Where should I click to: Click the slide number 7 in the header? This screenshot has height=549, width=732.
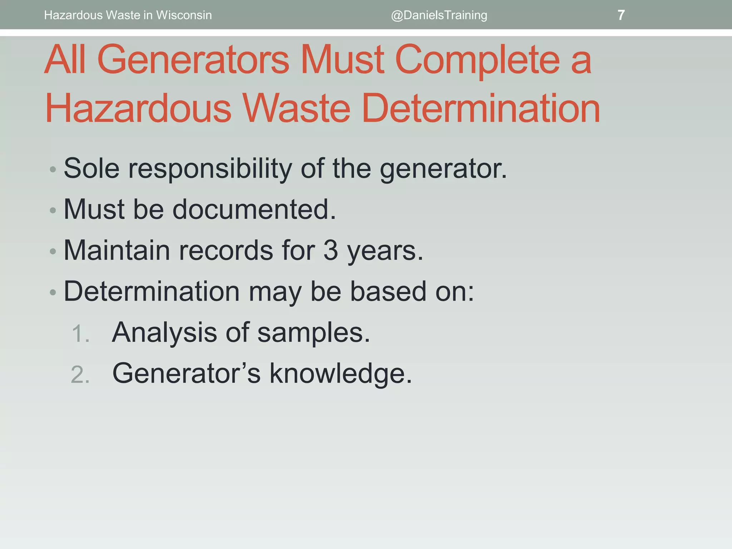(x=621, y=15)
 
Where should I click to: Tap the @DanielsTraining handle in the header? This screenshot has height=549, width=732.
(x=439, y=15)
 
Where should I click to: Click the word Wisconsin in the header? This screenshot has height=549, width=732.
(x=184, y=15)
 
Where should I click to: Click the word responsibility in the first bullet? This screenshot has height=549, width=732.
(x=210, y=169)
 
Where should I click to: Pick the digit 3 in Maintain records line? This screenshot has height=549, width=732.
(x=331, y=250)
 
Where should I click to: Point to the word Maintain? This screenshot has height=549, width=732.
(x=117, y=250)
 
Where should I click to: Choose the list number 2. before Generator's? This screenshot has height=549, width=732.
(x=80, y=375)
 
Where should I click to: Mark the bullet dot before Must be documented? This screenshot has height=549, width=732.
(x=53, y=210)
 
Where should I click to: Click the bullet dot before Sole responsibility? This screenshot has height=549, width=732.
(x=53, y=169)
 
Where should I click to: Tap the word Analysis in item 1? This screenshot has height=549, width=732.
(x=164, y=332)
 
